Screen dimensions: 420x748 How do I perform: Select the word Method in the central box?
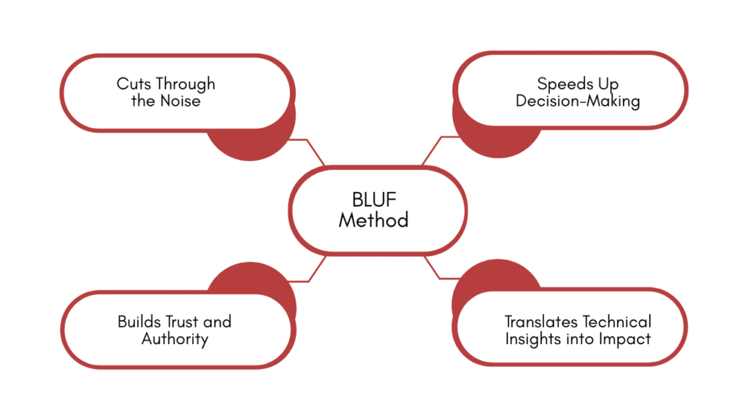(x=373, y=219)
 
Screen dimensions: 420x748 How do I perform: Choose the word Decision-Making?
(x=577, y=101)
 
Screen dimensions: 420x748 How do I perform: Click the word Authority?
(x=175, y=338)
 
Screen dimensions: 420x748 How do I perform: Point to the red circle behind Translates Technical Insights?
(x=489, y=277)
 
